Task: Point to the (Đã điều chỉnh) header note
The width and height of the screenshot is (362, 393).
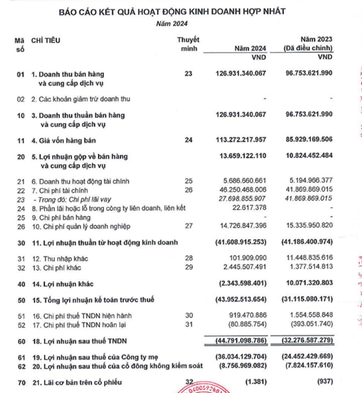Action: [x=308, y=48]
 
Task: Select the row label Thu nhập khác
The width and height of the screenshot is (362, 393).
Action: [x=60, y=258]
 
